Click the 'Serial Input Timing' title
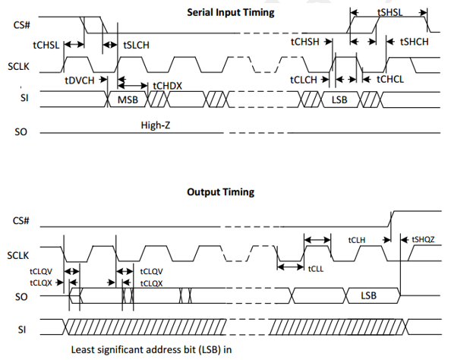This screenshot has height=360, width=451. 231,13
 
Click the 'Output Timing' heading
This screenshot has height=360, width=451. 221,192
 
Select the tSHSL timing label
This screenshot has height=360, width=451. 389,12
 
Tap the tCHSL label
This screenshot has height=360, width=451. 46,45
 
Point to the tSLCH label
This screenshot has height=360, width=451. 137,45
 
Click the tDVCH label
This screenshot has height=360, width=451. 80,81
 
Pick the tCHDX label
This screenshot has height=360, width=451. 167,86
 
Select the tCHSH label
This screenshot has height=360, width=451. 305,42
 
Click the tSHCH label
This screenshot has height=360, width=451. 415,42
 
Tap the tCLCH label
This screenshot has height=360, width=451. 304,80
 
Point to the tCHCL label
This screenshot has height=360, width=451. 390,79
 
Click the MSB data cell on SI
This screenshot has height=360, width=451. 128,99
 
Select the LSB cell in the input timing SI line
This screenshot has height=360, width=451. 339,99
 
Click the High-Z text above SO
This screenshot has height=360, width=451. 156,125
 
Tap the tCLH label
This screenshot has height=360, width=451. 357,240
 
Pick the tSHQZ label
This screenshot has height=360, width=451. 423,239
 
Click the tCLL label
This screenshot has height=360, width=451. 316,269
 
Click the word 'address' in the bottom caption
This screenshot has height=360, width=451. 162,349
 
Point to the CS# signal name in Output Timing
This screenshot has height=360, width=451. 21,221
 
